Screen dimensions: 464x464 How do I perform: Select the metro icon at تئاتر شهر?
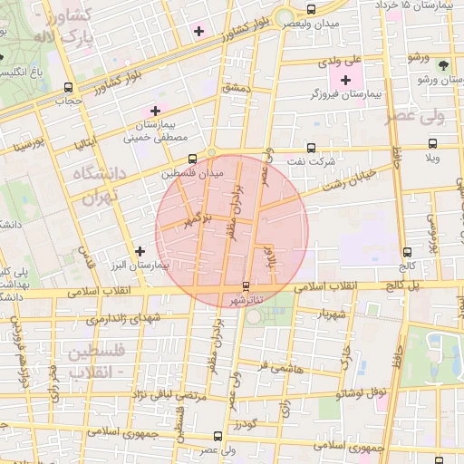click(x=246, y=286)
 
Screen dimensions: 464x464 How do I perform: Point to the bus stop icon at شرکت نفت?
click(x=313, y=147)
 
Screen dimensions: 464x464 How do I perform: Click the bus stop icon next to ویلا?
click(x=433, y=143)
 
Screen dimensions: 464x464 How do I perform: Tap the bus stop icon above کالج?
click(x=406, y=253)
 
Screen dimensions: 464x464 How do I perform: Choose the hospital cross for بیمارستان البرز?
click(x=139, y=251)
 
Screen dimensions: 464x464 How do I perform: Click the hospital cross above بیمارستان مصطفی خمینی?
click(x=155, y=111)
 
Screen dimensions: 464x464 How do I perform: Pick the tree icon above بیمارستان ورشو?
click(x=442, y=65)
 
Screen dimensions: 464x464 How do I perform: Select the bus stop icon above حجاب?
click(x=69, y=88)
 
